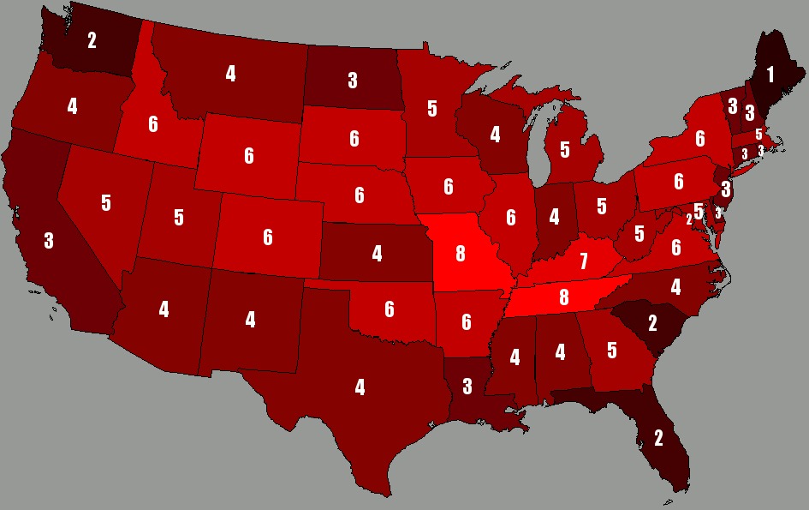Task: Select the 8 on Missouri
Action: (x=461, y=253)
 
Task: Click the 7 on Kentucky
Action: (x=584, y=260)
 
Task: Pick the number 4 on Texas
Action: (x=360, y=387)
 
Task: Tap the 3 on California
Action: (x=49, y=241)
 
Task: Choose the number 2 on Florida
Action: (x=658, y=438)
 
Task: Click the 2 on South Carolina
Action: (x=652, y=323)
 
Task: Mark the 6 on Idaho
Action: (x=153, y=124)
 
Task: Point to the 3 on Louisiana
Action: (x=467, y=387)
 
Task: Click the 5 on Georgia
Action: (x=612, y=350)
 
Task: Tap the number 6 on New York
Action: (x=699, y=138)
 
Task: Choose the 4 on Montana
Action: (x=230, y=74)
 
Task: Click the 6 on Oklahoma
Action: (x=390, y=309)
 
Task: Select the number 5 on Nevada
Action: (x=105, y=203)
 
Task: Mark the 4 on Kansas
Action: (x=377, y=254)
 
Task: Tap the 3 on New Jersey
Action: (x=725, y=189)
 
